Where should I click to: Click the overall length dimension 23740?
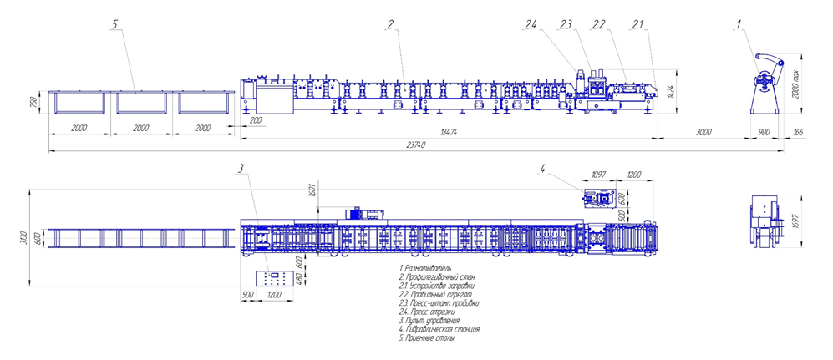point(415,145)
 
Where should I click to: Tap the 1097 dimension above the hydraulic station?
point(598,175)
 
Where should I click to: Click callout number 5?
point(114,25)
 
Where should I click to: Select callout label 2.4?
point(531,25)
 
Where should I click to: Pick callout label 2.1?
point(637,25)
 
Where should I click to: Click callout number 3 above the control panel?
point(241,170)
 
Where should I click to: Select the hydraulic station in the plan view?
point(597,198)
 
